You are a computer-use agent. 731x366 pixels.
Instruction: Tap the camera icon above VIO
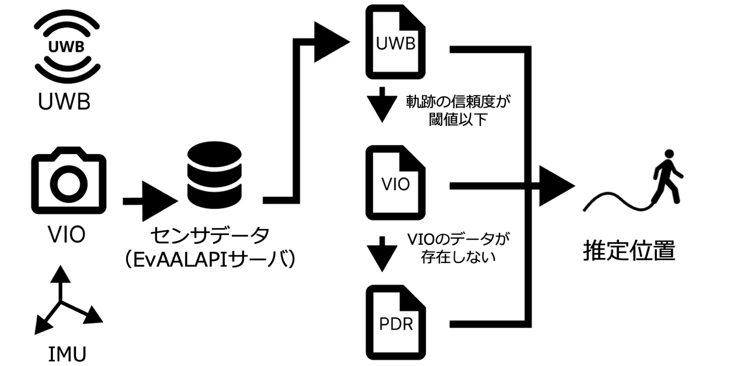point(68,181)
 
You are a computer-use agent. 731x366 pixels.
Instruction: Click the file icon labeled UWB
point(395,42)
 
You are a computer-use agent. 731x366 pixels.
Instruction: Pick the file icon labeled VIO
point(395,183)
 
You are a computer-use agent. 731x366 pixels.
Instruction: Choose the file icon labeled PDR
point(396,322)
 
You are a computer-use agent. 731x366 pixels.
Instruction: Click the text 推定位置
point(629,250)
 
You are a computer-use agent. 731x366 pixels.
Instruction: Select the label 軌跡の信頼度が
point(458,102)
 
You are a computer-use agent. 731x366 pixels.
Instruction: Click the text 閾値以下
point(458,119)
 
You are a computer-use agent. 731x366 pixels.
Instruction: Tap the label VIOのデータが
point(458,239)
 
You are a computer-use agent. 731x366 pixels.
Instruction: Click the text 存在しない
point(458,257)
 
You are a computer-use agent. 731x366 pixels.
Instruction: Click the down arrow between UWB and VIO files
point(382,105)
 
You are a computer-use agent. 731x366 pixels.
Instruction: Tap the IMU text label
point(67,354)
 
